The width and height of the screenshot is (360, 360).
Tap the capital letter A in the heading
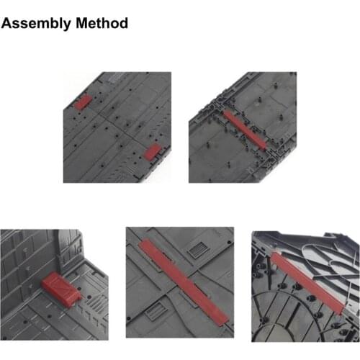point(7,23)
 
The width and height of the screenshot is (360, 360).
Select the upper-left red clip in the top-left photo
point(84,102)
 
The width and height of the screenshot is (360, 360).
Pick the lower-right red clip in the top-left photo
point(153,150)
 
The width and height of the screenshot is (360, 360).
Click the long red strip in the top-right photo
point(247,130)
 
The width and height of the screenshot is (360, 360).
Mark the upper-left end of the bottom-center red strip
point(144,244)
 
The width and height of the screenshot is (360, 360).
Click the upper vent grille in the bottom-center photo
point(197,251)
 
